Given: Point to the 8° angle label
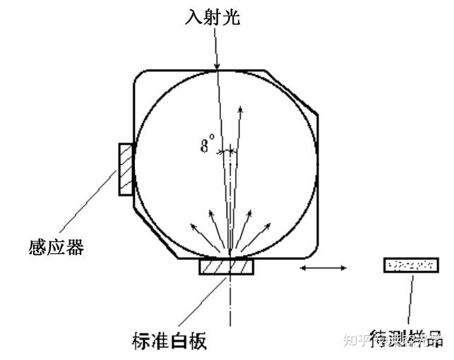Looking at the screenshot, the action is [206, 147].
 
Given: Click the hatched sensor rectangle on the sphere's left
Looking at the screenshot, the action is [126, 169].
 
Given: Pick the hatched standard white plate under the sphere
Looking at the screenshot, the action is [226, 267].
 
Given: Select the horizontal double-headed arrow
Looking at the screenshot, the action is [323, 268].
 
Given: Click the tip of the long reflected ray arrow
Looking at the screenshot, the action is [241, 107].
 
